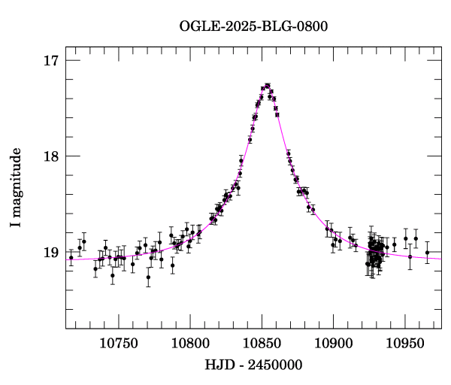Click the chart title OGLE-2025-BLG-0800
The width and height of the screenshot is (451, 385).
pyautogui.click(x=253, y=26)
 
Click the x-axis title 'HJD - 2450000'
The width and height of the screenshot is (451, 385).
pyautogui.click(x=253, y=365)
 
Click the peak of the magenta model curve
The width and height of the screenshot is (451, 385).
pyautogui.click(x=267, y=86)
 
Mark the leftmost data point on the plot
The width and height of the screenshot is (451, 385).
pyautogui.click(x=71, y=257)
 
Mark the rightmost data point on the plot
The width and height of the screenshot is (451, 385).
pyautogui.click(x=427, y=253)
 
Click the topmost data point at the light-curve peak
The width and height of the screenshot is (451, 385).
pyautogui.click(x=267, y=85)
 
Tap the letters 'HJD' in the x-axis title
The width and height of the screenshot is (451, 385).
pyautogui.click(x=218, y=365)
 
